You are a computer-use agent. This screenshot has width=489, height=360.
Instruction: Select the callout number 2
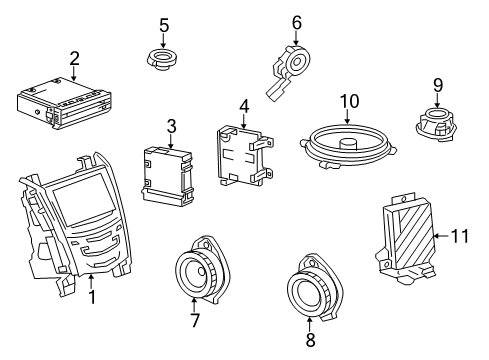(x=74, y=58)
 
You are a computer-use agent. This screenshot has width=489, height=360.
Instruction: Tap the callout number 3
(x=171, y=126)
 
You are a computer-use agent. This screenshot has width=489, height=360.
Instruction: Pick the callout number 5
(x=165, y=24)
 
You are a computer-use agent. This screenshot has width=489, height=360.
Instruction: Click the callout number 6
(x=296, y=21)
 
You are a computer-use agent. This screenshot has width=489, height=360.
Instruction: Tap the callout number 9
(x=437, y=84)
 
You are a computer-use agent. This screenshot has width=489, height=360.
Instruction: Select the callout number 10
(x=348, y=101)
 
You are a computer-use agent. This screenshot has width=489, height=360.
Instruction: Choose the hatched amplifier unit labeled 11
(x=409, y=238)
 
